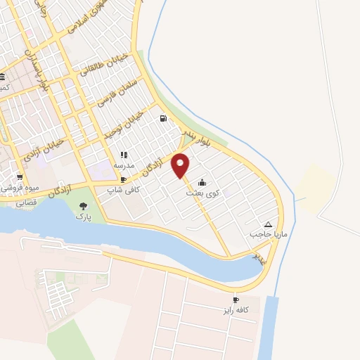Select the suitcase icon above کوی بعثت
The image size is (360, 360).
pos(202,182)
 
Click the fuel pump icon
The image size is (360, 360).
pos(163,119)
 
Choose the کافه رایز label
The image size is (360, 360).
pos(238,309)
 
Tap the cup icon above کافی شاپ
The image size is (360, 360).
pos(124,180)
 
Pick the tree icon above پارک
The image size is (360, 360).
pos(84,207)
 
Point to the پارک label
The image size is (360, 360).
pos(84,217)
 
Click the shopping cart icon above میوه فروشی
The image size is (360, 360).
pos(20,178)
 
